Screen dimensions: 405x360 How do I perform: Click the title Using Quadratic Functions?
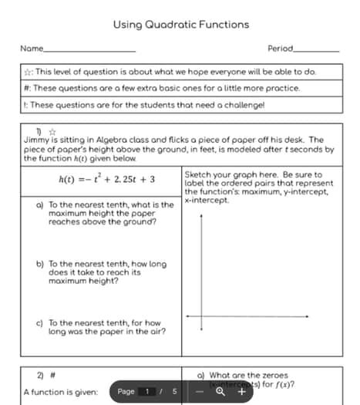(180, 25)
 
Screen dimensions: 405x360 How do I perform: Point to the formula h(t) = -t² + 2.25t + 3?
(107, 179)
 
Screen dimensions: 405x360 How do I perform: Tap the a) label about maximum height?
(39, 205)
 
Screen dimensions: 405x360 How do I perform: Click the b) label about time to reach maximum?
(39, 264)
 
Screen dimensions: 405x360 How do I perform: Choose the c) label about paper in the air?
(39, 323)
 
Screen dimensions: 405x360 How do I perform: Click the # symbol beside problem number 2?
(52, 375)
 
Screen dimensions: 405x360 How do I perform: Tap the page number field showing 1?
(146, 392)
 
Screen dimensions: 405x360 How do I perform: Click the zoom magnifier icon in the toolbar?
(220, 392)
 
